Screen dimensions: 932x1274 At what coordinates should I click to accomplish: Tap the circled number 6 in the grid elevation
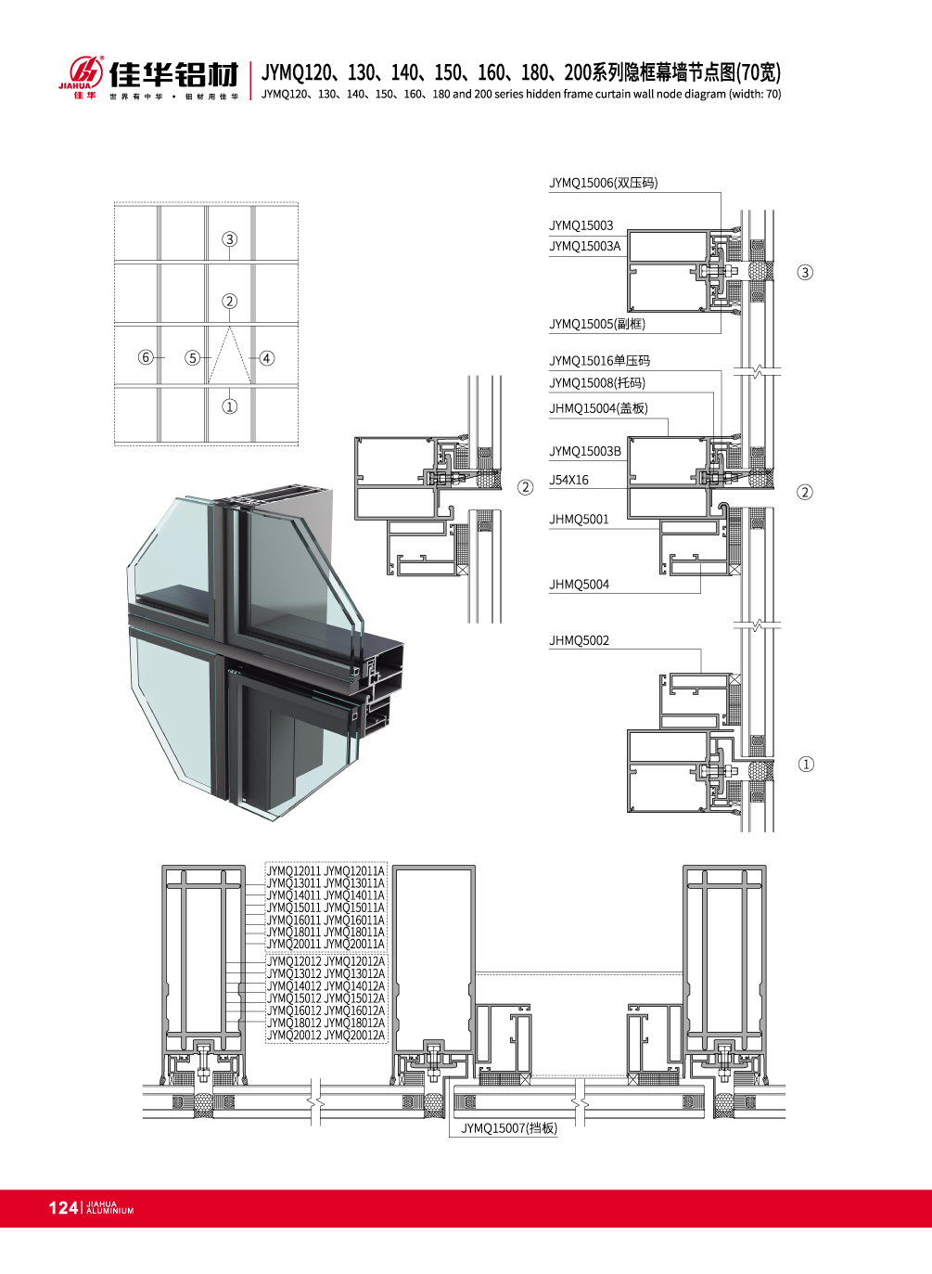[x=146, y=357]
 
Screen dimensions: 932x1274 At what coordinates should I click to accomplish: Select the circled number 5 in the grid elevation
[x=193, y=358]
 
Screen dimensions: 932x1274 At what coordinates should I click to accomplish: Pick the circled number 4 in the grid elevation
[x=266, y=358]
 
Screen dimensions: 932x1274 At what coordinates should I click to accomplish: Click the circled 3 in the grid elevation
[x=230, y=238]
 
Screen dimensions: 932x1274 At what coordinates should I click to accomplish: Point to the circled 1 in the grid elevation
[x=230, y=406]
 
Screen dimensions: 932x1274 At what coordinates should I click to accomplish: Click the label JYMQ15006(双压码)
[x=604, y=183]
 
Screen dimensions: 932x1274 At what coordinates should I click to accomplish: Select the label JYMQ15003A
[x=585, y=246]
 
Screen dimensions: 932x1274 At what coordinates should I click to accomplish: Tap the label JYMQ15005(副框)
[x=597, y=324]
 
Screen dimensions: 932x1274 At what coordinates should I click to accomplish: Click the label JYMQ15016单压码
[x=600, y=361]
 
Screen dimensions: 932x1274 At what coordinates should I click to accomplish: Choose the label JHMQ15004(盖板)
[x=598, y=407]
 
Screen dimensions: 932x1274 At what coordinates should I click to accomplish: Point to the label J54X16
[x=568, y=480]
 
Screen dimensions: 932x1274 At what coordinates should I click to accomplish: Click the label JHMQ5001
[x=579, y=520]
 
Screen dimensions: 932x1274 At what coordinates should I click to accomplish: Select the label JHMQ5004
[x=579, y=584]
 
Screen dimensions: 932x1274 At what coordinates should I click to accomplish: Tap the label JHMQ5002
[x=579, y=640]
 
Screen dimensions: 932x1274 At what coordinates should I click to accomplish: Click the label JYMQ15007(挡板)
[x=509, y=1127]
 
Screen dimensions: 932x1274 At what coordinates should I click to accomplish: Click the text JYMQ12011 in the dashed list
[x=294, y=871]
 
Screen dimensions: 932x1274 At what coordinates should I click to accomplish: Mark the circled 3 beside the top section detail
[x=805, y=273]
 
